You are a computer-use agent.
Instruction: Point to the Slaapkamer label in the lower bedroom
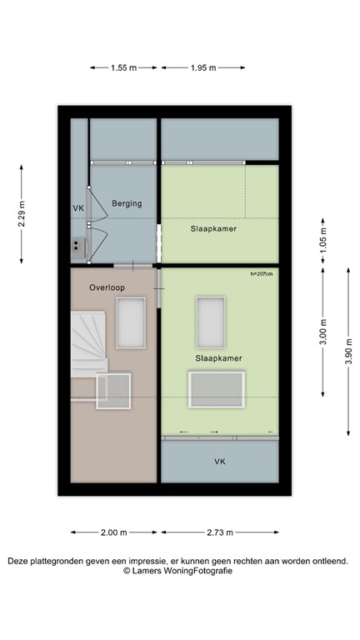point(218,357)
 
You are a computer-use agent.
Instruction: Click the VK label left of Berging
point(78,208)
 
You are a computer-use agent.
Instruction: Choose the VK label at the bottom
point(219,461)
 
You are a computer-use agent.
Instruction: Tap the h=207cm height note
point(261,273)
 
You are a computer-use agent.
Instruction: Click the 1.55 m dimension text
point(123,68)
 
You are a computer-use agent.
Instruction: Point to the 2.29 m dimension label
point(22,214)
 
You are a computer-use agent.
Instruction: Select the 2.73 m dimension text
point(219,532)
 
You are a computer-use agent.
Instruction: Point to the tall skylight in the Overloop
point(132,322)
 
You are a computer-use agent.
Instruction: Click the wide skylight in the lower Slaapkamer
point(217,390)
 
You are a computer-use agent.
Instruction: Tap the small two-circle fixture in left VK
point(77,246)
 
